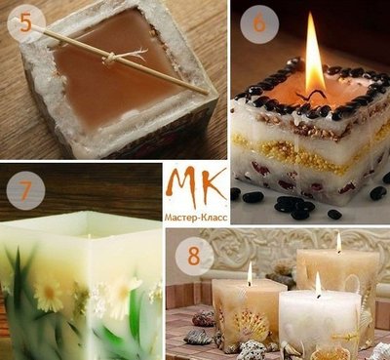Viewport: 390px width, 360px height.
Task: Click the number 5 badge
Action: click(26, 23)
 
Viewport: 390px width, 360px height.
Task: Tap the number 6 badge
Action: click(259, 24)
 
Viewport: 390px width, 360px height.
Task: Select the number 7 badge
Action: click(25, 190)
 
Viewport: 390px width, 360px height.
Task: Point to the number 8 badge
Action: click(194, 257)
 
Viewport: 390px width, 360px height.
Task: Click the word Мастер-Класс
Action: click(196, 218)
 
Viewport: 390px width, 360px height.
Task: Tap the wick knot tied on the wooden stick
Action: click(109, 59)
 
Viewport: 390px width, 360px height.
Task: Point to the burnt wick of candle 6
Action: click(311, 96)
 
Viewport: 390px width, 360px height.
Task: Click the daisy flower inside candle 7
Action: click(49, 295)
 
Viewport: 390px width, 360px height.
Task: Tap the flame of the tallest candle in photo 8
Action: click(338, 242)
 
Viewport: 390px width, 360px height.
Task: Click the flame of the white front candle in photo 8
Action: click(318, 285)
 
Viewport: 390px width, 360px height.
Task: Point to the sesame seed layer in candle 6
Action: click(309, 125)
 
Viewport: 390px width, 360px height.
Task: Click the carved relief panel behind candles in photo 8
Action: click(292, 247)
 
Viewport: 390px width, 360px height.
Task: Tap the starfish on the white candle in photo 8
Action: click(348, 335)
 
